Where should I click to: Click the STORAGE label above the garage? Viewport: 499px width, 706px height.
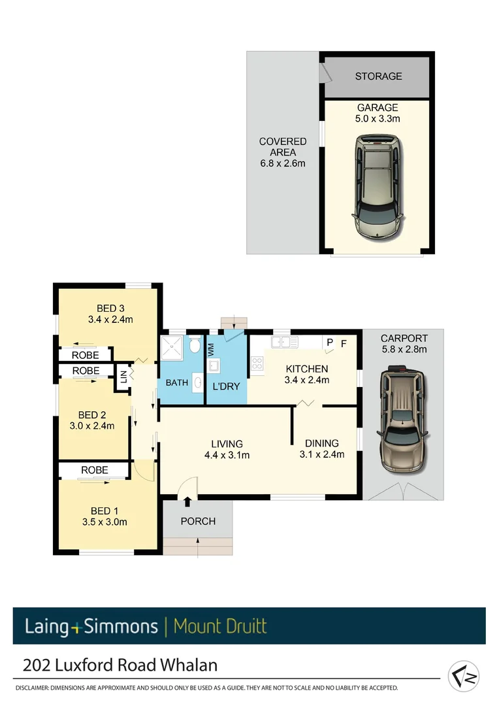coord(378,76)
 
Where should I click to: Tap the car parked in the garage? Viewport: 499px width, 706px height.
coord(378,187)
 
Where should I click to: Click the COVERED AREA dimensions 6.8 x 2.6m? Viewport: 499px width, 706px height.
coord(282,163)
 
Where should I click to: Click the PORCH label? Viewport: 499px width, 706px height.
coord(198,521)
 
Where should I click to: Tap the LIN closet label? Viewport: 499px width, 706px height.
coord(123,377)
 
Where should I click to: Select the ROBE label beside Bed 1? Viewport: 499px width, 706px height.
coord(95,470)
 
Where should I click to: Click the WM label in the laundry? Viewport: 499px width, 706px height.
coord(211,350)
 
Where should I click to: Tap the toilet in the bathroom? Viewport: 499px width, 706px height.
coord(195,346)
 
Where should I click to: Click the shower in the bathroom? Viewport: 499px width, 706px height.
coord(173,347)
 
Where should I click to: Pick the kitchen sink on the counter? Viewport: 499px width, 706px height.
coord(285,341)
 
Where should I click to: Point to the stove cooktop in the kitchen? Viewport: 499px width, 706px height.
coord(256,363)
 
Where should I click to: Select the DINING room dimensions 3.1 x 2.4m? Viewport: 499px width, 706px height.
coord(321,454)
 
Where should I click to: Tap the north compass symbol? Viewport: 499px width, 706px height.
coord(464,676)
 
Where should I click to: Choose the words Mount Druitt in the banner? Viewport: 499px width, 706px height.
coord(220,626)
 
